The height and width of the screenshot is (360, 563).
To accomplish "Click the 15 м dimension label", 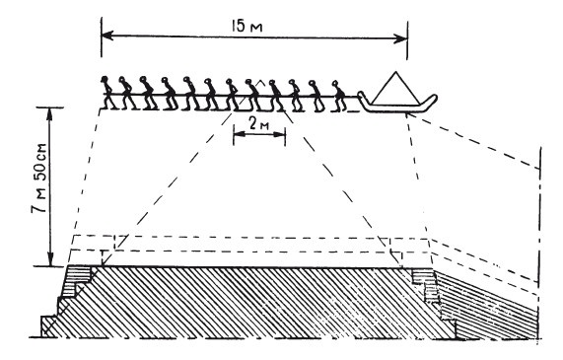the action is pyautogui.click(x=247, y=26).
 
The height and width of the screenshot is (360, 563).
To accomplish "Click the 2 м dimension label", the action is pyautogui.click(x=258, y=124).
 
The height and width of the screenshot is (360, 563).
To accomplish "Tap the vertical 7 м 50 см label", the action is pyautogui.click(x=39, y=179).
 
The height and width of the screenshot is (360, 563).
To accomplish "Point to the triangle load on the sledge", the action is pyautogui.click(x=395, y=88).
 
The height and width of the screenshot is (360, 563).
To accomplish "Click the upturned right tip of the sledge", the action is pyautogui.click(x=435, y=97).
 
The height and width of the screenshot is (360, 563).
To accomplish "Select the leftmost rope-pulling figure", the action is pyautogui.click(x=108, y=93).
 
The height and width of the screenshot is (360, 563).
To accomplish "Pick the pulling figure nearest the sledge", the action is pyautogui.click(x=339, y=96).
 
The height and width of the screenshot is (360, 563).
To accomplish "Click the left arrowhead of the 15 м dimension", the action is pyautogui.click(x=107, y=36).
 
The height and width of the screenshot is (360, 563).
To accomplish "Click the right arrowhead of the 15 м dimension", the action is pyautogui.click(x=401, y=38).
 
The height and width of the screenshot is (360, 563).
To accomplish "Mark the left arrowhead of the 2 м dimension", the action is pyautogui.click(x=238, y=134).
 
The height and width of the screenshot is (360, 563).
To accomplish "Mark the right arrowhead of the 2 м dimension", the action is pyautogui.click(x=280, y=134).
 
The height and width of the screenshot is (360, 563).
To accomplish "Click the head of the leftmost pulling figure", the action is pyautogui.click(x=105, y=79).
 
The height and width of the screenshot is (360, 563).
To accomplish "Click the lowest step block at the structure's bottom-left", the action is pyautogui.click(x=49, y=326).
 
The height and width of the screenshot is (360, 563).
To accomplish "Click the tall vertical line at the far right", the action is pyautogui.click(x=539, y=244).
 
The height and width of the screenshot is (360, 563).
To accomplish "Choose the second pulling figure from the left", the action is pyautogui.click(x=127, y=93).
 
